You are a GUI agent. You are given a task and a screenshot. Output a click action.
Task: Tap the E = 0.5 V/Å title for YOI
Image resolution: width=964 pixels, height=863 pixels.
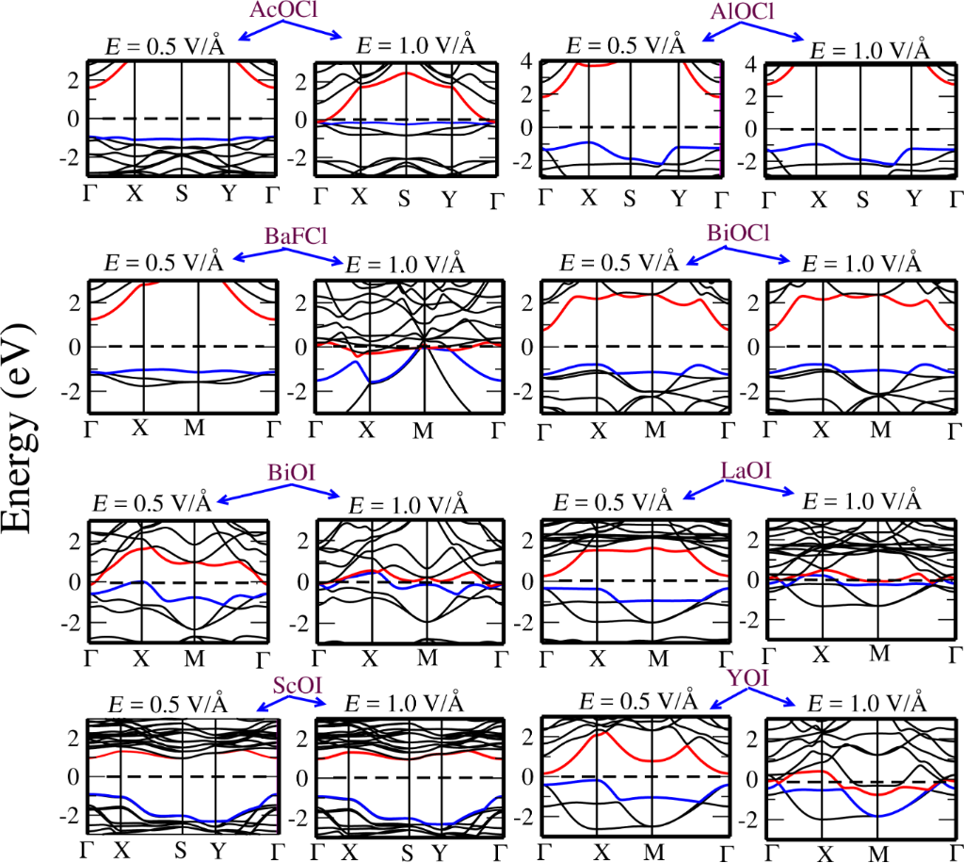tap(637, 702)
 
